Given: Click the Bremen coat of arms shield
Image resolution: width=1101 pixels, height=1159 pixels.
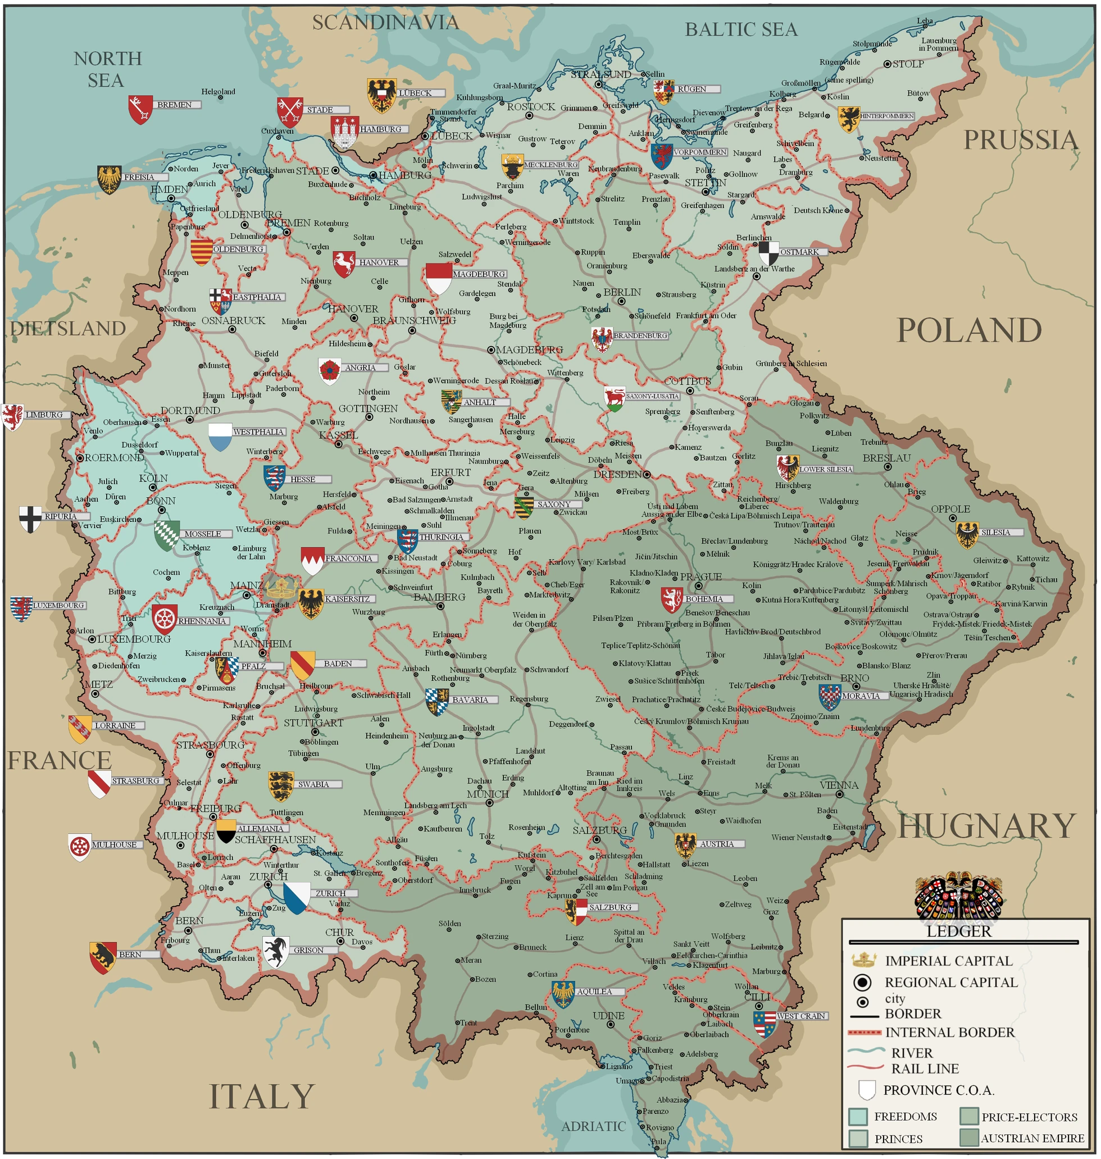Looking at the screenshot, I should tap(140, 109).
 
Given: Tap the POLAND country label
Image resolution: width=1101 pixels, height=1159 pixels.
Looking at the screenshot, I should tap(969, 330).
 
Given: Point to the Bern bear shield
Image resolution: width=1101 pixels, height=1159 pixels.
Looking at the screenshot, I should tap(103, 957).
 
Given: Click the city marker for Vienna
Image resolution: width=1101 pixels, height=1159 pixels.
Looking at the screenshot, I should tap(840, 794).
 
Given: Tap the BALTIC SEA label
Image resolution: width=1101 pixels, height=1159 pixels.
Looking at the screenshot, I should tap(741, 29).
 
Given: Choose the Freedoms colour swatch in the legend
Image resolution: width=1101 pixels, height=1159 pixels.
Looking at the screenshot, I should tap(858, 1117).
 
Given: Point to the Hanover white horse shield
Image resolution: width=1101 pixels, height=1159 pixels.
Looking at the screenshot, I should tap(344, 264).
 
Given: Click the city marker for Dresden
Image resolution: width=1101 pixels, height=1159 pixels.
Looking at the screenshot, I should tap(647, 474).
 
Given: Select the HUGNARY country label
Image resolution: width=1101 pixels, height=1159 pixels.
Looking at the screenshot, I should tap(986, 826).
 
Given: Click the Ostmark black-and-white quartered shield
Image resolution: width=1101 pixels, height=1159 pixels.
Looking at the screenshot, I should tap(769, 253).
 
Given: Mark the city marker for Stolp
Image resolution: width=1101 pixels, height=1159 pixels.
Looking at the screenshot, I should tap(888, 64).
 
